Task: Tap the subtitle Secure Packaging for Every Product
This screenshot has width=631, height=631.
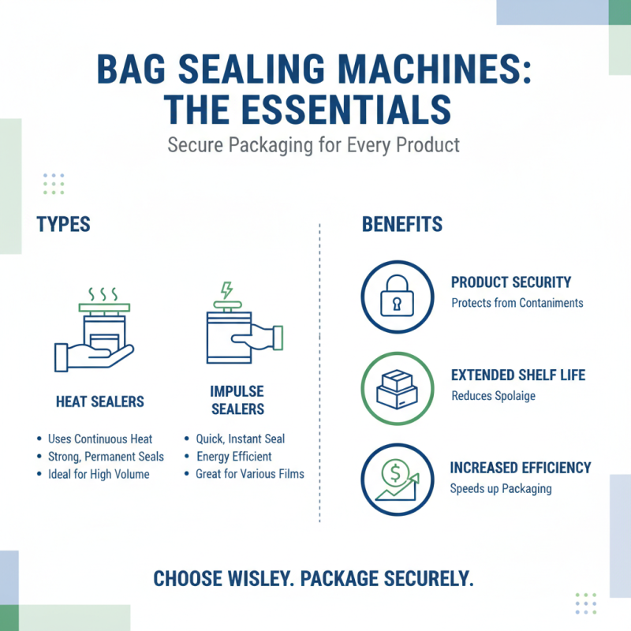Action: coord(314,146)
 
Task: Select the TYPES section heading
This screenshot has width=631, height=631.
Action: coord(63,224)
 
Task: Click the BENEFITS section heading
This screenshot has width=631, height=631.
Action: coord(402,224)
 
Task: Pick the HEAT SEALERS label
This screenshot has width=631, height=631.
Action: coord(100,401)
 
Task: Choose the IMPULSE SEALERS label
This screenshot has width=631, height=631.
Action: coord(237,400)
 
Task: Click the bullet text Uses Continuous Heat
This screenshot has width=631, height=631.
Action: coord(100,439)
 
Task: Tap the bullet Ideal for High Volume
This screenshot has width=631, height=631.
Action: coord(99,474)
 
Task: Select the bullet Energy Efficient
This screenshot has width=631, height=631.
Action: coord(233,456)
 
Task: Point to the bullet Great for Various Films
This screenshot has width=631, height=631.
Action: coord(249,474)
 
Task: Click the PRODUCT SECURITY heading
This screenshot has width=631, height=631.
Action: coord(511,282)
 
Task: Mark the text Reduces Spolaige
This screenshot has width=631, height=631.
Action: coord(493,395)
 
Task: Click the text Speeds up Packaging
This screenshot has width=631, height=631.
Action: coord(501,488)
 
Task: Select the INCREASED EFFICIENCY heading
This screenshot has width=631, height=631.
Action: coord(521,468)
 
